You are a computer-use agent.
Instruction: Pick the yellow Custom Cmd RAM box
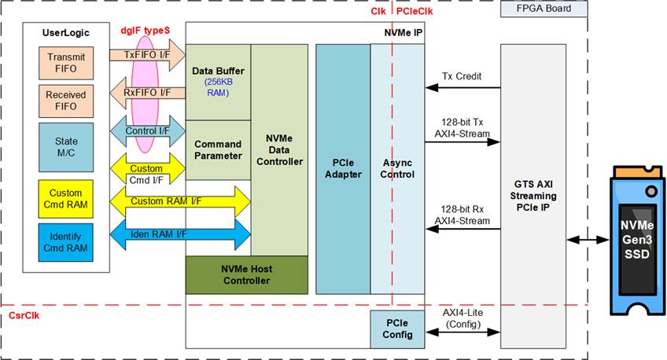67,197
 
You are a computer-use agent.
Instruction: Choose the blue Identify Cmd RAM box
67,242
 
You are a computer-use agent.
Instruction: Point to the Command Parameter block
217,149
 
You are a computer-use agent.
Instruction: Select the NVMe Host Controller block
246,274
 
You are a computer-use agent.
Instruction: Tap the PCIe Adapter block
342,168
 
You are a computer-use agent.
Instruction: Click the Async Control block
397,168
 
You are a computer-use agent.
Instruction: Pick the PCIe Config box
397,329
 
